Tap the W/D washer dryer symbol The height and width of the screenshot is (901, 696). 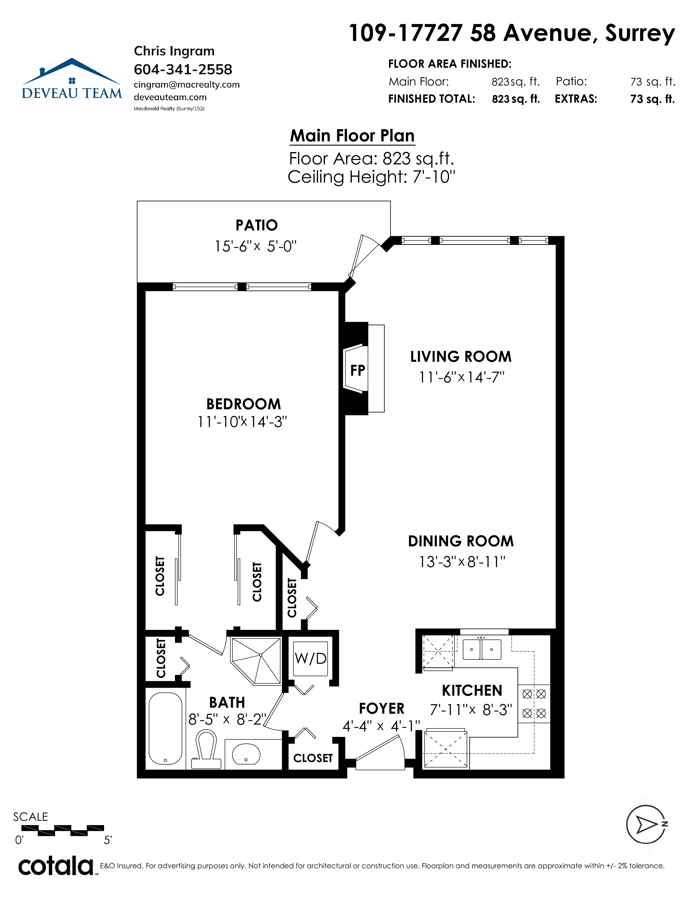click(x=311, y=659)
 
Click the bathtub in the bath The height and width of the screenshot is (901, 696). click(x=165, y=728)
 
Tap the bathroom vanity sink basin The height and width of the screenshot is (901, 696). click(x=246, y=754)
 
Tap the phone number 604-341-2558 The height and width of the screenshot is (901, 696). click(x=183, y=69)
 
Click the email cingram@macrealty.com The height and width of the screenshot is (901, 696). click(x=187, y=85)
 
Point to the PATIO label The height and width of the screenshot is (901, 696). click(x=257, y=225)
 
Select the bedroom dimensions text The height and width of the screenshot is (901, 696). click(x=242, y=422)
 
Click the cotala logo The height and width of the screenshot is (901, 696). click(x=57, y=866)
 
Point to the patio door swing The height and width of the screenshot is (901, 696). click(x=363, y=256)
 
